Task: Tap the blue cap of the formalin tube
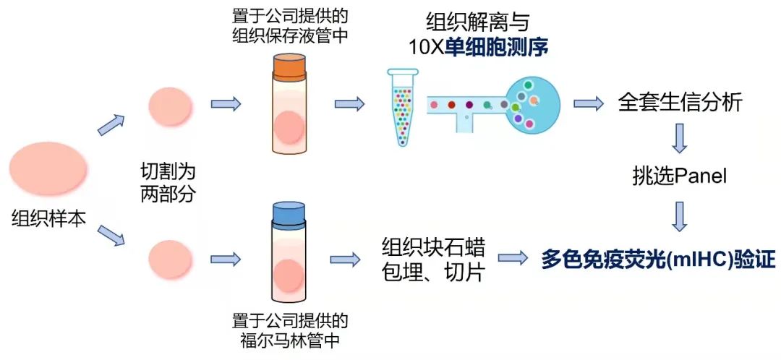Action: [x=289, y=213]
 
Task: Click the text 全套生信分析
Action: [x=680, y=103]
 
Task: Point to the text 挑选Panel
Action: [x=678, y=176]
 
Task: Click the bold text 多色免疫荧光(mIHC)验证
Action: [x=659, y=259]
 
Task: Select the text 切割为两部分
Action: [x=168, y=183]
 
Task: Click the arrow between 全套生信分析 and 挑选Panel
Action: [x=678, y=138]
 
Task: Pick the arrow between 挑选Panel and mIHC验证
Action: [x=678, y=216]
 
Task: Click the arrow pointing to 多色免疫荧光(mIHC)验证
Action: [x=512, y=257]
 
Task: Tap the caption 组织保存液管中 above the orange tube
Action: [x=289, y=36]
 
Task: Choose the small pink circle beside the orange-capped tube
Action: [x=171, y=106]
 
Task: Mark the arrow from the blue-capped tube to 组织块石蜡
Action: [x=345, y=258]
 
